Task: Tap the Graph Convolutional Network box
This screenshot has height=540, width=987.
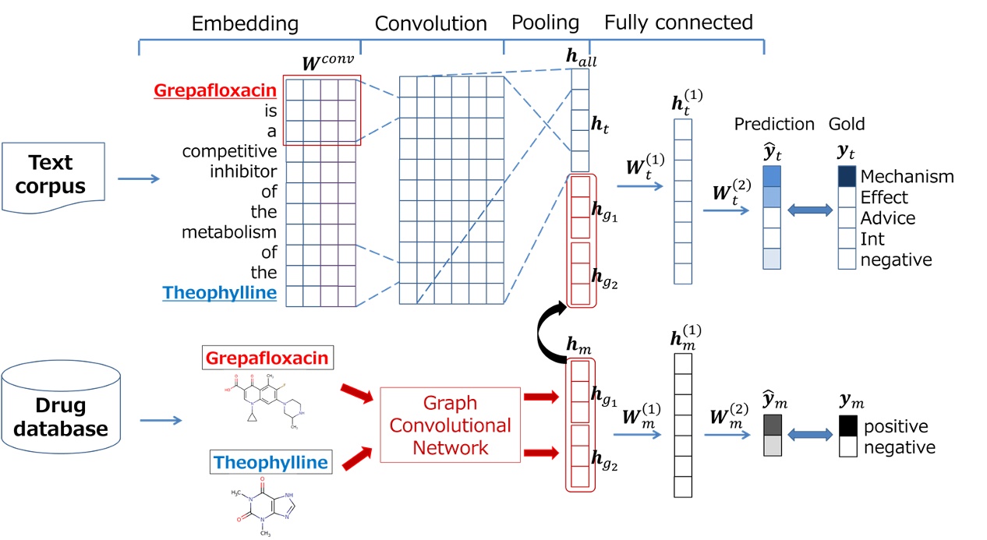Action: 450,425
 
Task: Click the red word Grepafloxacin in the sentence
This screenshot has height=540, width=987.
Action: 215,90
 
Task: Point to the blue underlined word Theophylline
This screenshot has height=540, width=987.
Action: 219,293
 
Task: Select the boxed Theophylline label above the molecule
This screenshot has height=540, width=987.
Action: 271,462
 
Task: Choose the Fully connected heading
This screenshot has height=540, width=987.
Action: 678,22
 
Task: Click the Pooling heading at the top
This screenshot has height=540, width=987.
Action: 545,23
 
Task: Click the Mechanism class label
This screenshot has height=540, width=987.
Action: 907,176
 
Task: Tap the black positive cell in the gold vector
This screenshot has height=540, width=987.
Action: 847,426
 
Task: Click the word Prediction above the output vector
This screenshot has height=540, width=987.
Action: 773,125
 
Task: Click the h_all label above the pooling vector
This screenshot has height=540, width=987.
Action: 581,58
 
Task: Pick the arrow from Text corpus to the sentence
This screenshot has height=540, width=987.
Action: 138,179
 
